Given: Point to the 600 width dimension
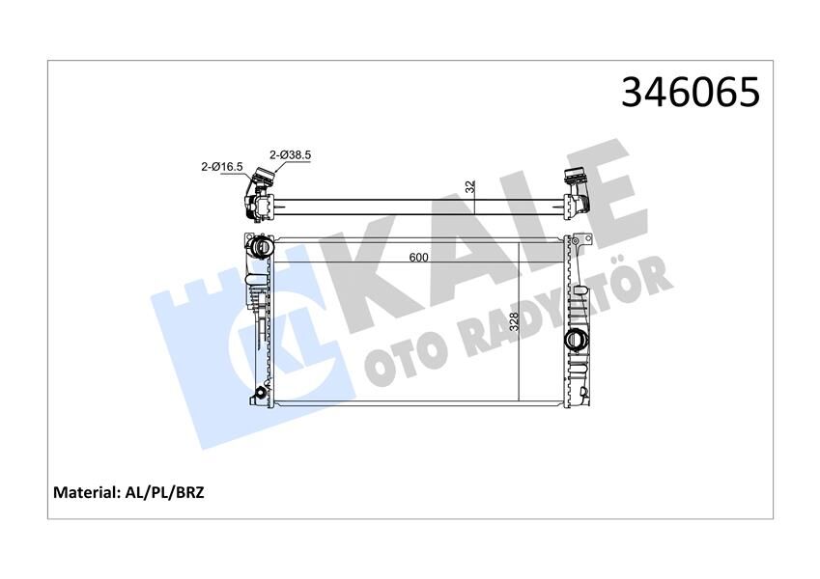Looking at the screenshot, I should coord(418,258).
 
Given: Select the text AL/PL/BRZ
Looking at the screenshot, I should coord(168,492).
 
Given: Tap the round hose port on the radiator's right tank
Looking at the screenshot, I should coord(576,340).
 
